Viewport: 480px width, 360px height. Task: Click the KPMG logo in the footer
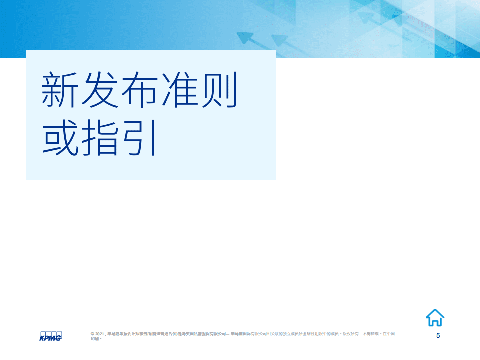click(x=50, y=336)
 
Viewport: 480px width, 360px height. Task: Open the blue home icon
click(x=435, y=317)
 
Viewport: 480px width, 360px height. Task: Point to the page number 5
click(x=438, y=335)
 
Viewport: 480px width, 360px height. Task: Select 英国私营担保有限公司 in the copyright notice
click(x=214, y=333)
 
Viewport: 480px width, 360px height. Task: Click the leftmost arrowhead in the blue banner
click(x=245, y=38)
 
